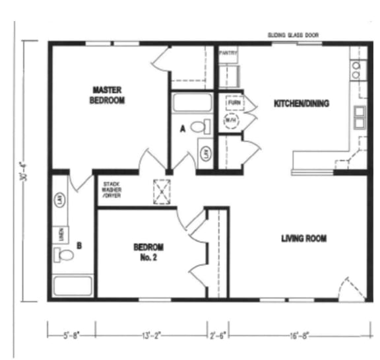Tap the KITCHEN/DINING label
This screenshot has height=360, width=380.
click(301, 103)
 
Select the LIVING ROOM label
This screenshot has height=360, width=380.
click(305, 238)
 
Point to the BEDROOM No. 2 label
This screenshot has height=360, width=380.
click(148, 252)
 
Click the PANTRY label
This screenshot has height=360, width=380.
click(228, 52)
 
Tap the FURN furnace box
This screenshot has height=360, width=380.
click(234, 104)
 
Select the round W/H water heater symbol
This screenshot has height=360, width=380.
click(230, 121)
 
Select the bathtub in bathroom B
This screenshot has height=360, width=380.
click(73, 285)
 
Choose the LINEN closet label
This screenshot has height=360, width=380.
click(57, 234)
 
